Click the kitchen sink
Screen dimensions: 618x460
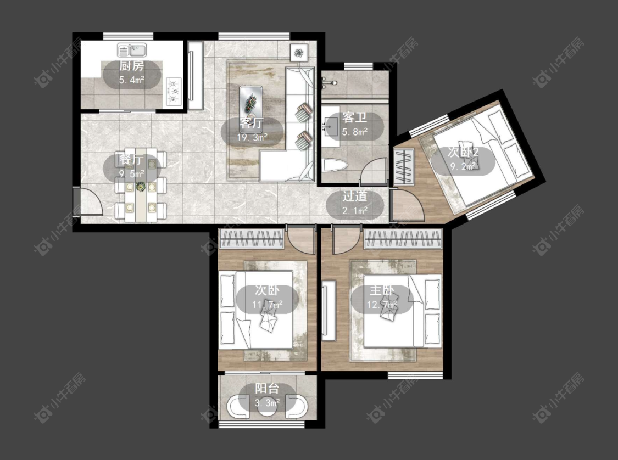[132, 51]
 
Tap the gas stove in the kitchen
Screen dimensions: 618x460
[174, 92]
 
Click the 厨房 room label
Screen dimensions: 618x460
[132, 66]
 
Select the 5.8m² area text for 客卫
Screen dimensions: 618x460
[355, 132]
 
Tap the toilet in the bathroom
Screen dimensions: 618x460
[334, 165]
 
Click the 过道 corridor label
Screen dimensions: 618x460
[355, 196]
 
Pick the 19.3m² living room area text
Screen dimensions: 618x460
[252, 137]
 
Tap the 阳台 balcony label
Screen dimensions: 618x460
[267, 388]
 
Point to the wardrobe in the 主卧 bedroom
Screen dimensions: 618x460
[403, 239]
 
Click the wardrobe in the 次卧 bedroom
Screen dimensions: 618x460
[252, 239]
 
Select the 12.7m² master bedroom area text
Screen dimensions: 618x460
[382, 305]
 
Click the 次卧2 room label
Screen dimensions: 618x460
[463, 152]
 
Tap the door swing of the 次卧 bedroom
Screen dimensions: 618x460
[300, 240]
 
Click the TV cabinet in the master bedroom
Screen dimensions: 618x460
[329, 310]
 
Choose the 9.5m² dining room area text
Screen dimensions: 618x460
[132, 173]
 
